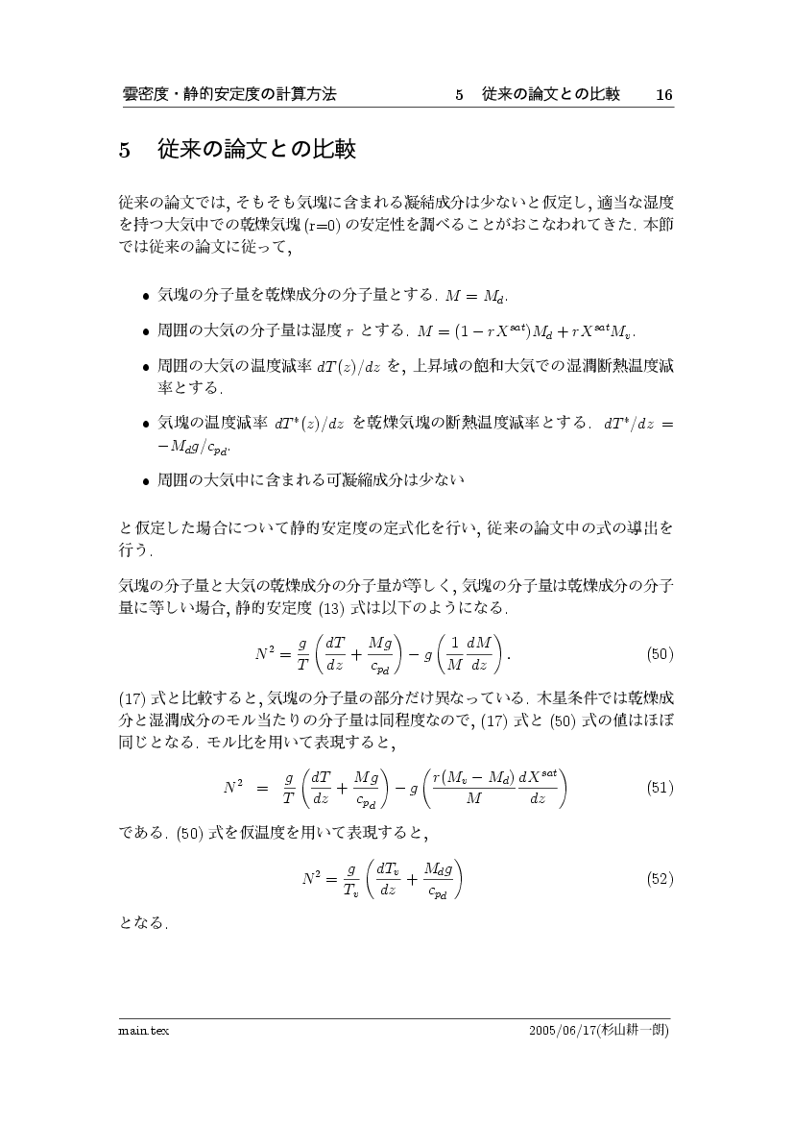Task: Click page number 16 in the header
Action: point(663,94)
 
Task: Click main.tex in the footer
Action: point(137,1030)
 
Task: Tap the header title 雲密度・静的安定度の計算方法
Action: point(229,94)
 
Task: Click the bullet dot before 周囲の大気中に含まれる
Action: point(145,477)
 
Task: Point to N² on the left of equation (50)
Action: point(266,654)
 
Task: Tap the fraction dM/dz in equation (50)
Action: point(477,654)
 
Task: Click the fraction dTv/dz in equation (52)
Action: point(388,878)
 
